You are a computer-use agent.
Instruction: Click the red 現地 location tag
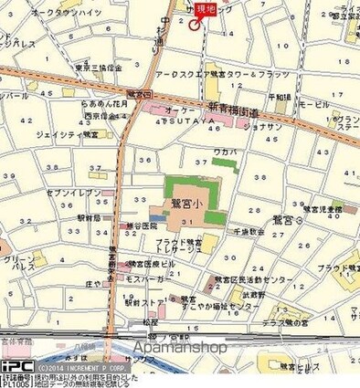point(206,8)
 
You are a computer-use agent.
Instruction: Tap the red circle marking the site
point(195,25)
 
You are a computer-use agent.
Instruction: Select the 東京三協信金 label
point(99,68)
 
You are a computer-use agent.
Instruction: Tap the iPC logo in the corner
point(16,367)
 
